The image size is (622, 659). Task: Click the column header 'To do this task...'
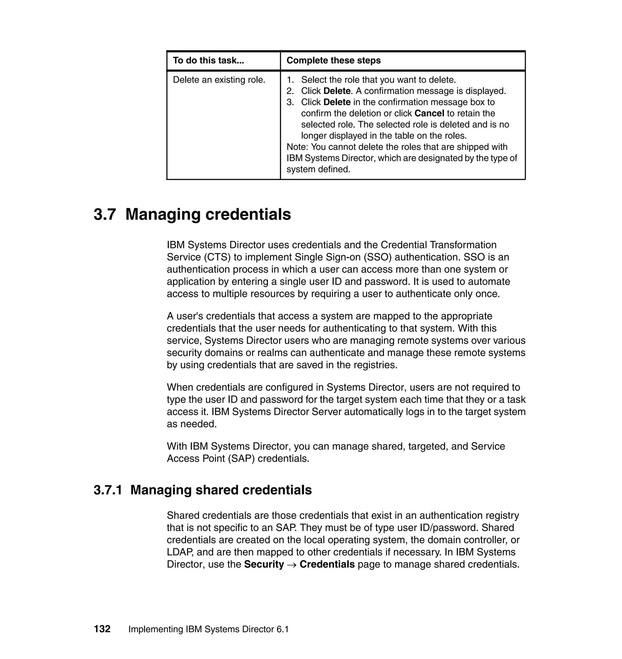pos(208,60)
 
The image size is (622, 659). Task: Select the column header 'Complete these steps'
pos(333,60)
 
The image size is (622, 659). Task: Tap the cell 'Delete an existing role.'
pos(219,80)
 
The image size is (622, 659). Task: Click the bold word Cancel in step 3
pos(429,113)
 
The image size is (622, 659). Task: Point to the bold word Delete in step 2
pos(337,91)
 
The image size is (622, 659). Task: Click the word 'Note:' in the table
pos(297,147)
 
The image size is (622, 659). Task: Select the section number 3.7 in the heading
pos(105,214)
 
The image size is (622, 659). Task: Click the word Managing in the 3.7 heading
pos(162,214)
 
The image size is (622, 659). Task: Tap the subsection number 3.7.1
pos(108,490)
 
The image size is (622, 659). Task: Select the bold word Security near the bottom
pos(264,564)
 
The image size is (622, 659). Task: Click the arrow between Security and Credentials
pos(292,565)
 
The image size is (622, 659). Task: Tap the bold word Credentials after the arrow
pos(327,564)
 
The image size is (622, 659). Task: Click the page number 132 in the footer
pos(102,629)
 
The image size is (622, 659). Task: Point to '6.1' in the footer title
pos(282,630)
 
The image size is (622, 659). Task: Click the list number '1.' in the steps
pos(290,80)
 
